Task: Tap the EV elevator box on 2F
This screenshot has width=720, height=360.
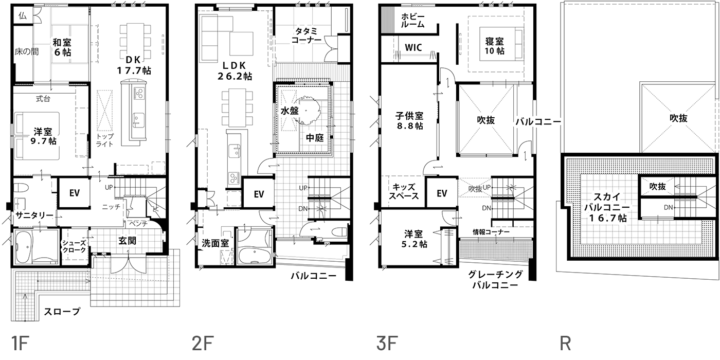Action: tap(259, 194)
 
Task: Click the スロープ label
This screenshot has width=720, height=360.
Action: tap(62, 312)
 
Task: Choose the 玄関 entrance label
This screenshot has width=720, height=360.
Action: tap(127, 240)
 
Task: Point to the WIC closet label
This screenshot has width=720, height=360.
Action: tap(413, 47)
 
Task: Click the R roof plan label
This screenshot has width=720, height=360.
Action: tap(566, 343)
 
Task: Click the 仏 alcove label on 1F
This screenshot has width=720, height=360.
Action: tap(22, 15)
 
